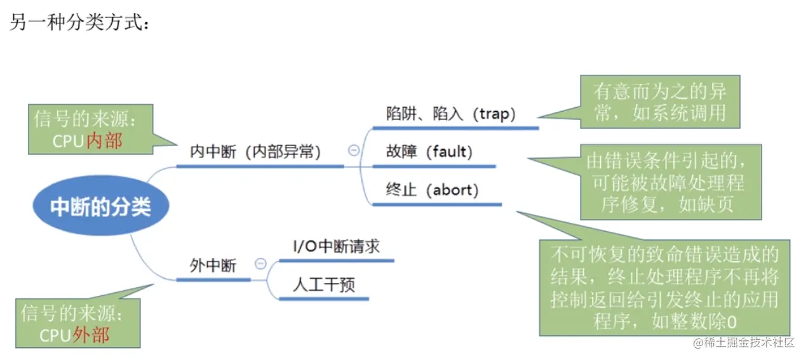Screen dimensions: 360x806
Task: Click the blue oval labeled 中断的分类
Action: pyautogui.click(x=101, y=207)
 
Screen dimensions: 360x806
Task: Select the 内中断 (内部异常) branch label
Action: pyautogui.click(x=255, y=152)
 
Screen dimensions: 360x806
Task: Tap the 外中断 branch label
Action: pyautogui.click(x=213, y=265)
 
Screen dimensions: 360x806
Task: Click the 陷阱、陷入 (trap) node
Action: pyautogui.click(x=451, y=114)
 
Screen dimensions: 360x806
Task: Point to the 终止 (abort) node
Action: pyautogui.click(x=432, y=189)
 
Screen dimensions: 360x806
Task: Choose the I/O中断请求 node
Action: pyautogui.click(x=336, y=246)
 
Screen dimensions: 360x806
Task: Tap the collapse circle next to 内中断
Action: pyautogui.click(x=354, y=150)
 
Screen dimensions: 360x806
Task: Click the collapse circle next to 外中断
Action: pyautogui.click(x=260, y=264)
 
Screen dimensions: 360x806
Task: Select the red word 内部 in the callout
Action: pyautogui.click(x=104, y=140)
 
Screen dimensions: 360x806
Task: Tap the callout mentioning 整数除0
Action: pyautogui.click(x=664, y=288)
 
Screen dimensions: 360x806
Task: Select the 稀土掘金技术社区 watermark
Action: pyautogui.click(x=744, y=343)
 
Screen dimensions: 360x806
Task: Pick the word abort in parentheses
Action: pyautogui.click(x=452, y=190)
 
